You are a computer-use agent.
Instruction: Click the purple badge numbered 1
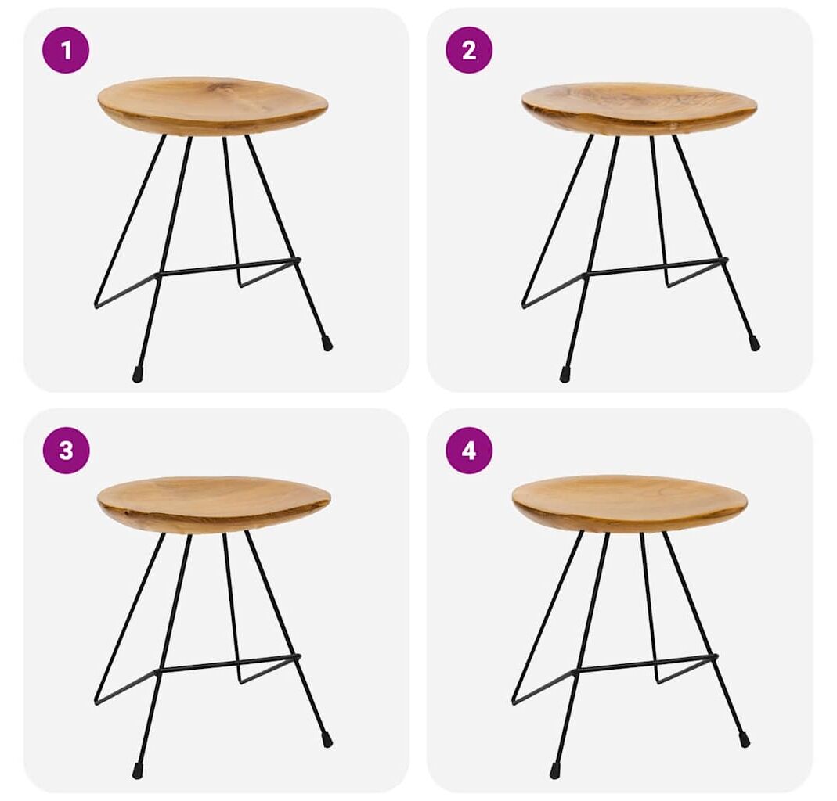[66, 50]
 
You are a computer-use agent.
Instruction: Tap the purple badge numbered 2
[469, 50]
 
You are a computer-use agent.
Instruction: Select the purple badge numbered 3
[66, 450]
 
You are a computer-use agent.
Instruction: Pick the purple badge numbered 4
[469, 450]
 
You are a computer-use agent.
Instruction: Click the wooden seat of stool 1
[212, 106]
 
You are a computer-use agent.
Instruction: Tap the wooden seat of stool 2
[639, 108]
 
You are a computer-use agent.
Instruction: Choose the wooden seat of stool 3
[214, 505]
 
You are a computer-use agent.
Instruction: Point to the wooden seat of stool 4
[630, 504]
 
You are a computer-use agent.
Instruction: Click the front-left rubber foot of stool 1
[138, 375]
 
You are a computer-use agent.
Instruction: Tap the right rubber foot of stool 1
[327, 343]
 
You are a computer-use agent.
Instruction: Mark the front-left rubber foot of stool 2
[565, 375]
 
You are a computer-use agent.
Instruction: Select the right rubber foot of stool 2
[754, 343]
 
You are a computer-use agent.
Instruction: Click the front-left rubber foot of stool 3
[138, 772]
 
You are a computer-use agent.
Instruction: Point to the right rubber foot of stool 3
[327, 740]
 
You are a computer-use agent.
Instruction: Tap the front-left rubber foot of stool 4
[555, 772]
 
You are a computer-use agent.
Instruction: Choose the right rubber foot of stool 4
[744, 740]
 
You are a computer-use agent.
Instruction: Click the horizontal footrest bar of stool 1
[229, 268]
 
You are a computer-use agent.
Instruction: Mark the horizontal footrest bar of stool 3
[229, 663]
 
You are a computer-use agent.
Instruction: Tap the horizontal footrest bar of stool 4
[645, 663]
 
